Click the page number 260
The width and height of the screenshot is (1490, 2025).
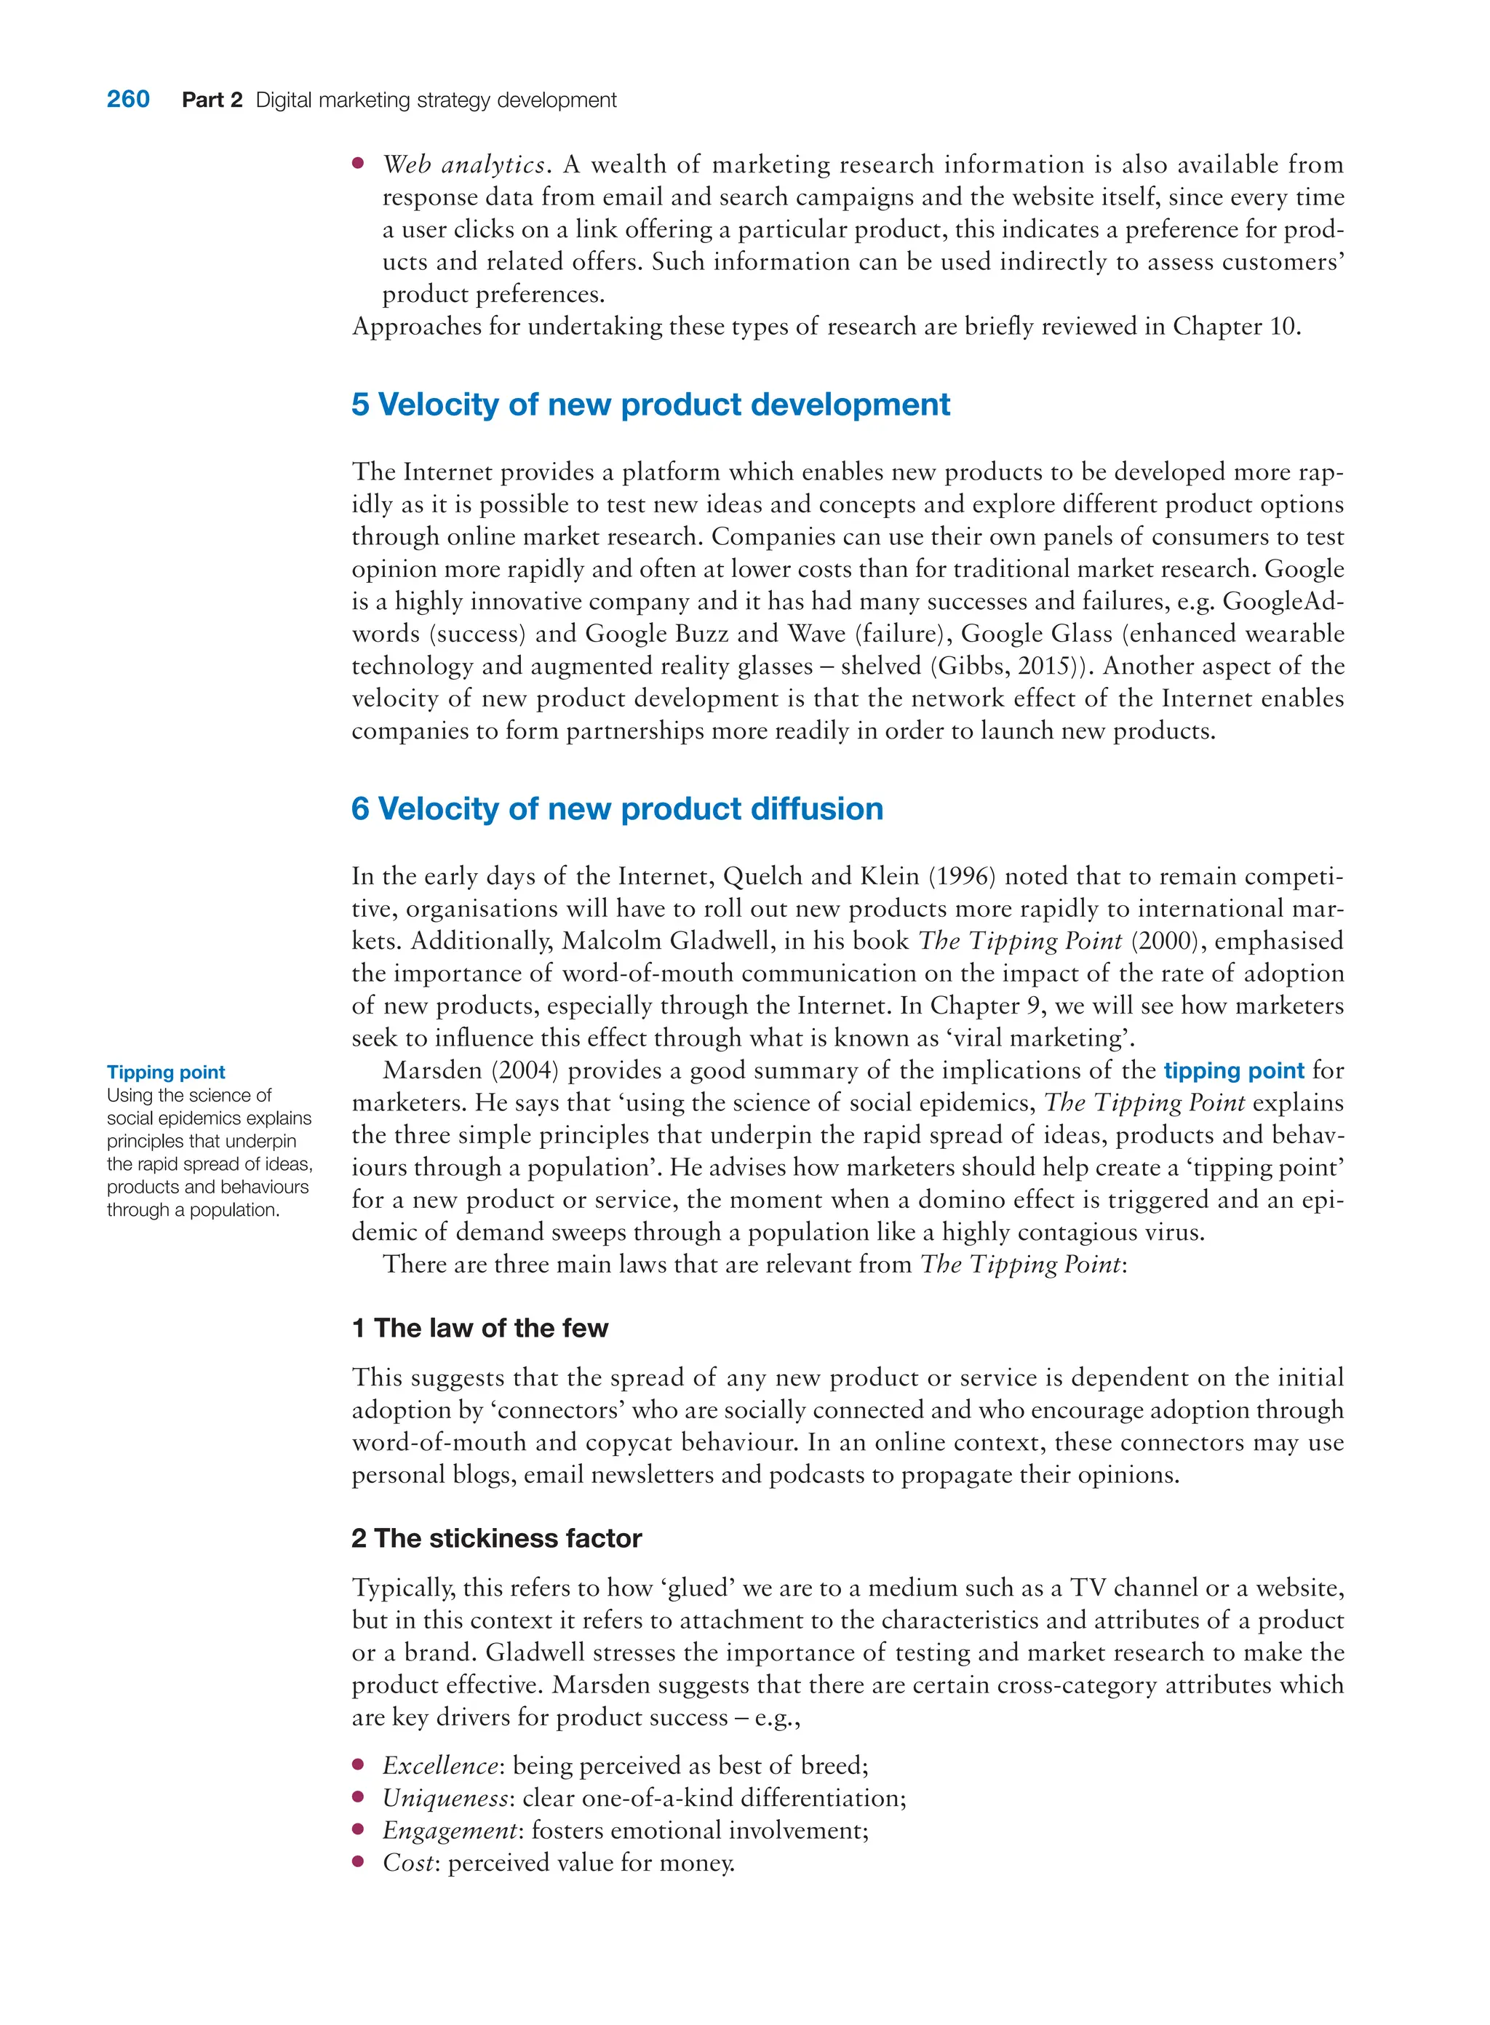(x=128, y=99)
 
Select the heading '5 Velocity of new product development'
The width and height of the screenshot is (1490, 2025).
(x=650, y=404)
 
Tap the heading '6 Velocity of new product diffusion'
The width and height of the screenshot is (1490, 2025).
(x=617, y=808)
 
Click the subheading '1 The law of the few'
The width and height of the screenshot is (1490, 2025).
(x=480, y=1328)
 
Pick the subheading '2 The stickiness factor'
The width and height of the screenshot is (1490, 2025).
(x=496, y=1538)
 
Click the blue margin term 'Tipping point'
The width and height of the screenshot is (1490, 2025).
(x=166, y=1072)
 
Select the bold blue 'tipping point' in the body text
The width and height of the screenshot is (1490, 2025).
(x=1233, y=1070)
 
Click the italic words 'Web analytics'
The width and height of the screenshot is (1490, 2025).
(x=463, y=165)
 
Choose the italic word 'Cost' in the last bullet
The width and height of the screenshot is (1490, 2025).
(x=410, y=1863)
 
